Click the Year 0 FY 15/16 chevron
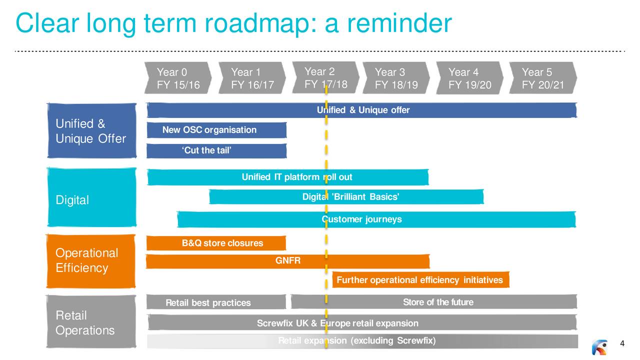(x=178, y=78)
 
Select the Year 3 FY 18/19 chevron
(x=396, y=78)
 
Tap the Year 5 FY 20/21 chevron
(x=542, y=78)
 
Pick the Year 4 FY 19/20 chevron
(x=469, y=78)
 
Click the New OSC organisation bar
(x=216, y=130)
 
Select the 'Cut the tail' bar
(x=216, y=151)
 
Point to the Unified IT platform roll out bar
(x=287, y=177)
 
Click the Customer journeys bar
(x=376, y=219)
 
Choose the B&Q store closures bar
(x=216, y=243)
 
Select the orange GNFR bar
(x=287, y=261)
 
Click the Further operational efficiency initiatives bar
(x=420, y=280)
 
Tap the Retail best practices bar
(x=216, y=302)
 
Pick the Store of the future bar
(x=434, y=302)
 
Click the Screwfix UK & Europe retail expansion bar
(x=362, y=323)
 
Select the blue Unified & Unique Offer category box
(x=91, y=131)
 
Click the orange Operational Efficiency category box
(x=91, y=261)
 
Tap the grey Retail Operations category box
(x=91, y=322)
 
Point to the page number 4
(x=622, y=343)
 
